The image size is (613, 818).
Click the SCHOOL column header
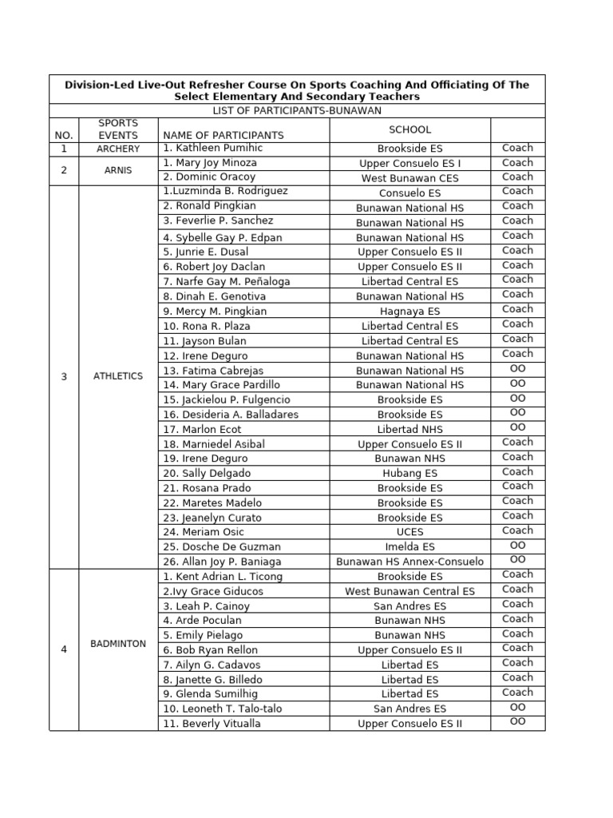(410, 129)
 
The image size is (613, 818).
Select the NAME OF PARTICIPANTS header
(223, 135)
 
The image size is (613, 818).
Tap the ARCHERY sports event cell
(118, 149)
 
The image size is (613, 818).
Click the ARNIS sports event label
(118, 170)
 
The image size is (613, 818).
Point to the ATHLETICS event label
(118, 376)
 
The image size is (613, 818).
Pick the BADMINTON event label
(118, 643)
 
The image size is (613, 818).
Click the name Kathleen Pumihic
(212, 149)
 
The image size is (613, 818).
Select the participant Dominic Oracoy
(209, 177)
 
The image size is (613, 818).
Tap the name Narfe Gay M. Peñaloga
(226, 281)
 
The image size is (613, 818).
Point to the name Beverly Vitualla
(212, 724)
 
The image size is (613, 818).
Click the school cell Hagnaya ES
(410, 312)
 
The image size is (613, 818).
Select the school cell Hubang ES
(410, 473)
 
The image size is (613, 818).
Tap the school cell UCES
(410, 532)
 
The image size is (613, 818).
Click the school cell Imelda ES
(410, 547)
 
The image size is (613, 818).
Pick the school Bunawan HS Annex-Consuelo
(410, 562)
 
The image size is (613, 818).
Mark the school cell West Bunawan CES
(410, 178)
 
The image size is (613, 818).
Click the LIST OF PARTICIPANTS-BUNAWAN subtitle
(296, 110)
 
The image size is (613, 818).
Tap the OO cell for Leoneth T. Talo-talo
(517, 707)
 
